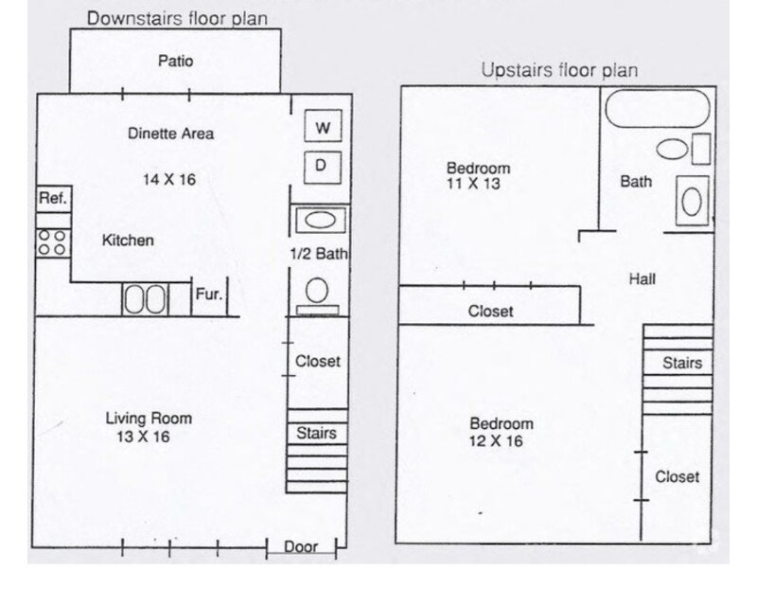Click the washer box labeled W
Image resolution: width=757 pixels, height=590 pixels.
tap(322, 126)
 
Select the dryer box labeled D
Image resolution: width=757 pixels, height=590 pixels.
tap(322, 167)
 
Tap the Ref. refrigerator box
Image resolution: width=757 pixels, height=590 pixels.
tap(51, 199)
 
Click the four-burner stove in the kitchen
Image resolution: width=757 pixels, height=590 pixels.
tap(51, 242)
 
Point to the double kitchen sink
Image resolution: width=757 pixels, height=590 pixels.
tap(145, 300)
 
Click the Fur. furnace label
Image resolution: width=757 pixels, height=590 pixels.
tap(208, 295)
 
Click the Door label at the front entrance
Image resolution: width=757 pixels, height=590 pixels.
tap(300, 546)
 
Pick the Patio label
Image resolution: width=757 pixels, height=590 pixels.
tap(175, 62)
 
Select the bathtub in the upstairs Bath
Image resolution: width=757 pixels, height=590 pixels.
tap(657, 111)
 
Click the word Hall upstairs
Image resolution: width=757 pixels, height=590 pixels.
tap(642, 279)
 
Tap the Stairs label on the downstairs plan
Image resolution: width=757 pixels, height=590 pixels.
tap(316, 434)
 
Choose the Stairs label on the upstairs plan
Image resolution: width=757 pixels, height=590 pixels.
tap(681, 362)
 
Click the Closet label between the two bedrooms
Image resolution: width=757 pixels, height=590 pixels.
tap(490, 312)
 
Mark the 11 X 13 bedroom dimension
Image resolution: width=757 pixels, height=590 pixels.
tap(472, 185)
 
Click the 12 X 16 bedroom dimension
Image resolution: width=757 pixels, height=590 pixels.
tap(495, 441)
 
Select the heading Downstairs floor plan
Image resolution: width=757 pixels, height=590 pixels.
tap(176, 18)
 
